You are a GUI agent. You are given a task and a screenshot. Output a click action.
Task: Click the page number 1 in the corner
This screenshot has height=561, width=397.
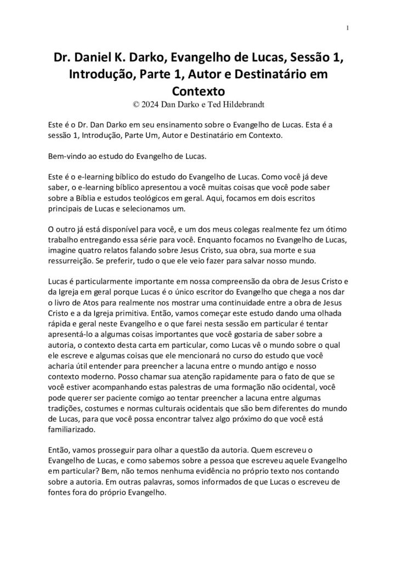[349, 28]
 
